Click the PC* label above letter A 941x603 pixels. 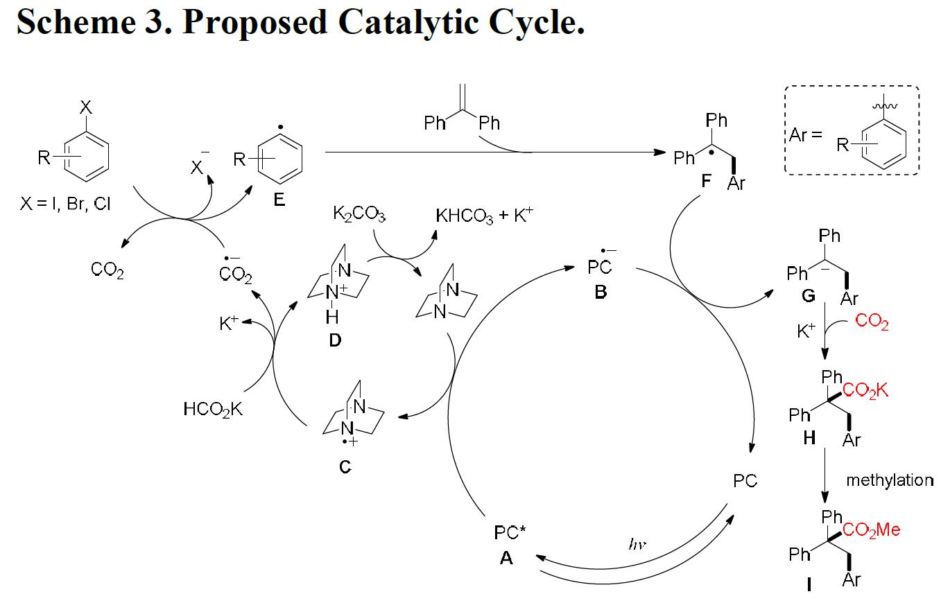click(510, 533)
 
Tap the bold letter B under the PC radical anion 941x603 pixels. click(601, 292)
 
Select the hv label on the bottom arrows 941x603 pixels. click(637, 545)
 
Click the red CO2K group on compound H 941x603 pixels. click(865, 391)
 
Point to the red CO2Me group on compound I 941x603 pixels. click(872, 530)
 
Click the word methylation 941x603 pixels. click(889, 480)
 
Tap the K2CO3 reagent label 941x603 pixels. click(359, 214)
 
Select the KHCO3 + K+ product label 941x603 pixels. click(485, 216)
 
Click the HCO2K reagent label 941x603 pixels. click(214, 410)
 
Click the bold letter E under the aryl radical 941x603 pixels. click(279, 200)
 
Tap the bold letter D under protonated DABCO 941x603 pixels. click(335, 341)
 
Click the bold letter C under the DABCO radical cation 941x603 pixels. click(345, 468)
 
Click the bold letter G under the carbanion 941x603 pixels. click(809, 297)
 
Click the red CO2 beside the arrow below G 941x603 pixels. click(872, 322)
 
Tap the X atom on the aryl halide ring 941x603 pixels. click(85, 107)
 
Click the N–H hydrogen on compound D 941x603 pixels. click(332, 317)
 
